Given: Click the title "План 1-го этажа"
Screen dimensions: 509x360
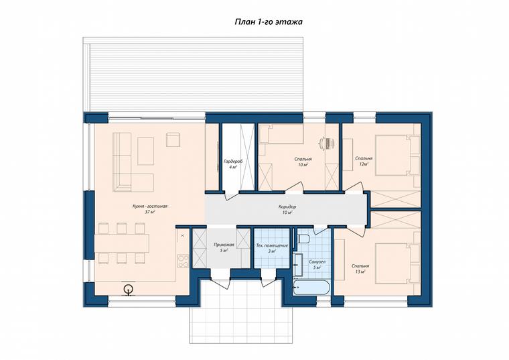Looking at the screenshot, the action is (x=269, y=21).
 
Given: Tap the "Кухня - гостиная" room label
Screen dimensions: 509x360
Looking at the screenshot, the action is (x=149, y=206).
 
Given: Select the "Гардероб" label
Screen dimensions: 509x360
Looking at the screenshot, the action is (x=233, y=161).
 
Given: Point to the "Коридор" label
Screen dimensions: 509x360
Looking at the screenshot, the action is (x=287, y=206).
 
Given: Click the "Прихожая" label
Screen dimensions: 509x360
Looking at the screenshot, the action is (x=222, y=245).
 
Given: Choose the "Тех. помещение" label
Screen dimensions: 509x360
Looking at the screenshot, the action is (x=272, y=245).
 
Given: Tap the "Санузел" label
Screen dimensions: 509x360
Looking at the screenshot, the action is (x=317, y=261).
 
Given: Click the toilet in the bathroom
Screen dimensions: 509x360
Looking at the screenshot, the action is (x=303, y=239).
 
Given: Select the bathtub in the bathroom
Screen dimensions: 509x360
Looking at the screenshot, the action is (x=311, y=288).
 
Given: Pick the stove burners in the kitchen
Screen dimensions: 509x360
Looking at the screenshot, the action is (x=183, y=261).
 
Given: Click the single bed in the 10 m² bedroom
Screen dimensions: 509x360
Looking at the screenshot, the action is (x=281, y=134).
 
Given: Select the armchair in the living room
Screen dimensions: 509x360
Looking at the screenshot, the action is (x=173, y=139).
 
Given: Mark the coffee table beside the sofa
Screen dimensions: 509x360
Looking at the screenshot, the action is (x=146, y=151).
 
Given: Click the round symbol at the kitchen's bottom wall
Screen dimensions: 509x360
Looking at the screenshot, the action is (x=129, y=288).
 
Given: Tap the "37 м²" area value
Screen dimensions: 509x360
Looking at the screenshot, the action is (x=149, y=212).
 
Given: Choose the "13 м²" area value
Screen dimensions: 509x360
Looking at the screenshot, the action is (x=360, y=272).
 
